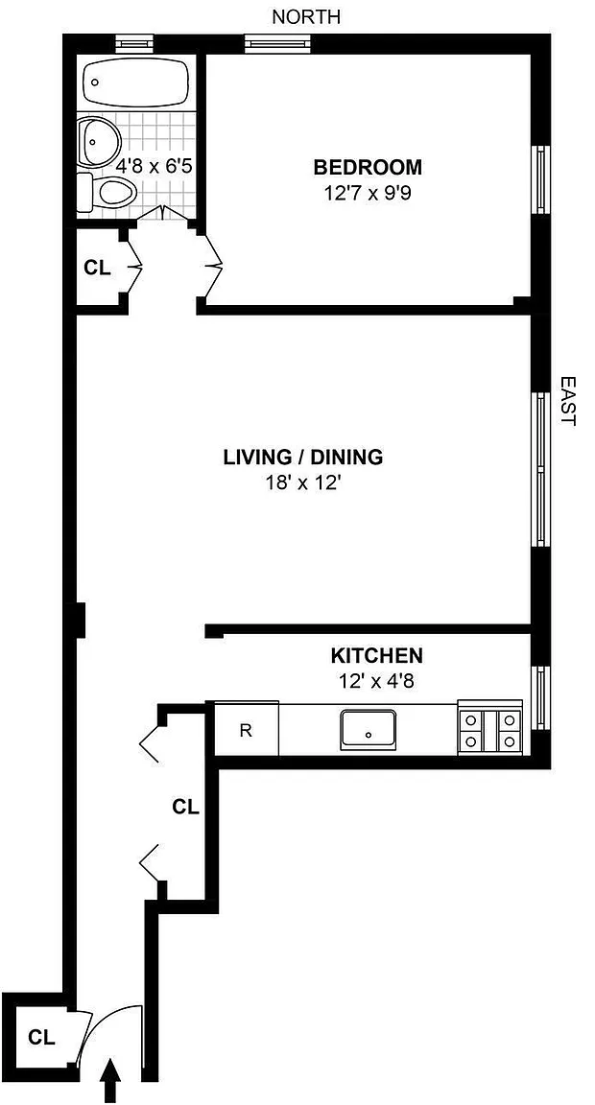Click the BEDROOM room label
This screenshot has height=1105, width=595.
point(368,168)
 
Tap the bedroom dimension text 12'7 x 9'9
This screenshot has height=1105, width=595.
point(368,193)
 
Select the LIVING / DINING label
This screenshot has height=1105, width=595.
point(303,458)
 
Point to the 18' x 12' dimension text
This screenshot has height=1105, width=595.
point(303,484)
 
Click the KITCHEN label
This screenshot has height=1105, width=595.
point(377,656)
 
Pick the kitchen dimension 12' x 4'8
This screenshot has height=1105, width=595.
point(377,681)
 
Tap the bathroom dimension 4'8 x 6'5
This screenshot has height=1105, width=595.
point(155,167)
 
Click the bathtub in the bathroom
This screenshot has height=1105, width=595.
point(136,82)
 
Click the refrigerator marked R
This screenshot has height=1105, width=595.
point(246,729)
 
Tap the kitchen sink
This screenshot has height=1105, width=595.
point(369,730)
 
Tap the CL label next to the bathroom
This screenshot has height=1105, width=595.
point(97,268)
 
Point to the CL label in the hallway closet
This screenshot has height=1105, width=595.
point(186,807)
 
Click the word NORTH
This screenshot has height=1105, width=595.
point(306,17)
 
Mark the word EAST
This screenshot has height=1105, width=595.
point(568,400)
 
